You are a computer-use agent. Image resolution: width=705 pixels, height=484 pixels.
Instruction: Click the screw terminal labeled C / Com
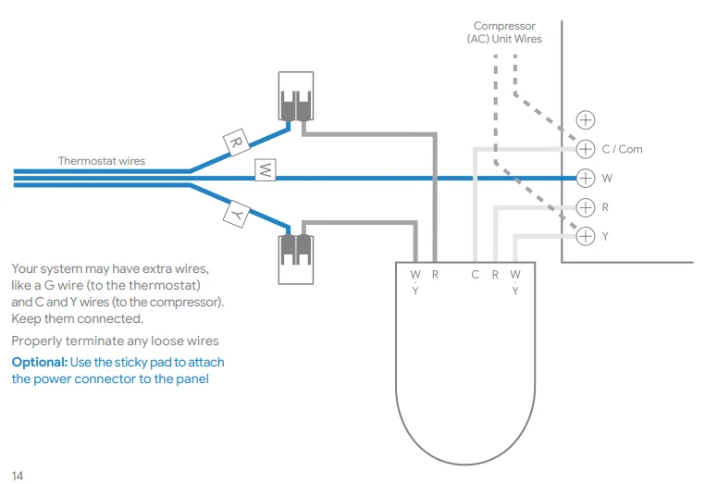tap(586, 149)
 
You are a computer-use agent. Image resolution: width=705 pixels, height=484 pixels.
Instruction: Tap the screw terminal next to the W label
tap(586, 178)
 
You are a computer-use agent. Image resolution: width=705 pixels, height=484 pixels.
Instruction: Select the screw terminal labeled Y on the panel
tap(586, 236)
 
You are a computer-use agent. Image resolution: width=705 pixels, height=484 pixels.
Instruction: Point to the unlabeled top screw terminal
tap(586, 119)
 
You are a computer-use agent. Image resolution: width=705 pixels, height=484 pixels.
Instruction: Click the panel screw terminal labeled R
tap(586, 207)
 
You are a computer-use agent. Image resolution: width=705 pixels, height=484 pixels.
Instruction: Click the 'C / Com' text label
tap(622, 149)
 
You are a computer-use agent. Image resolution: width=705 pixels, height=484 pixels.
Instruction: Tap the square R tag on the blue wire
tap(235, 143)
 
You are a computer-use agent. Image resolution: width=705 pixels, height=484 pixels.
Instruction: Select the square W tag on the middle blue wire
tap(265, 170)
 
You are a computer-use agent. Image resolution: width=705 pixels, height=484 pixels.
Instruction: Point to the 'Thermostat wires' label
tap(102, 161)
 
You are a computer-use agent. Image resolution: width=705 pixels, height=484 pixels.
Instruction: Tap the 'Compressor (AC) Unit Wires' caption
tap(504, 32)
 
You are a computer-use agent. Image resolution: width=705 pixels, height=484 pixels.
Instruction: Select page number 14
tap(18, 476)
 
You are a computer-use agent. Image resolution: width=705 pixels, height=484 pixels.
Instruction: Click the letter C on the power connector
tap(474, 274)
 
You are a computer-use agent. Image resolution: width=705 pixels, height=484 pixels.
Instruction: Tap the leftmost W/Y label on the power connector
tap(415, 281)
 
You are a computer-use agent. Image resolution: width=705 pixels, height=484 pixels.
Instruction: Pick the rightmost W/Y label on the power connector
tap(515, 281)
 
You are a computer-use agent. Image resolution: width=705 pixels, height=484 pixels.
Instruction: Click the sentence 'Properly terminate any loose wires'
tap(115, 341)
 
